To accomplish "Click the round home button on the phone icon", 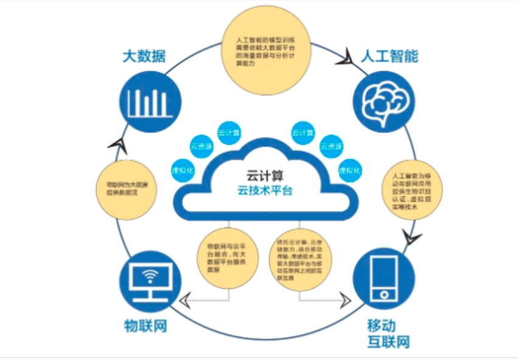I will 384,295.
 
